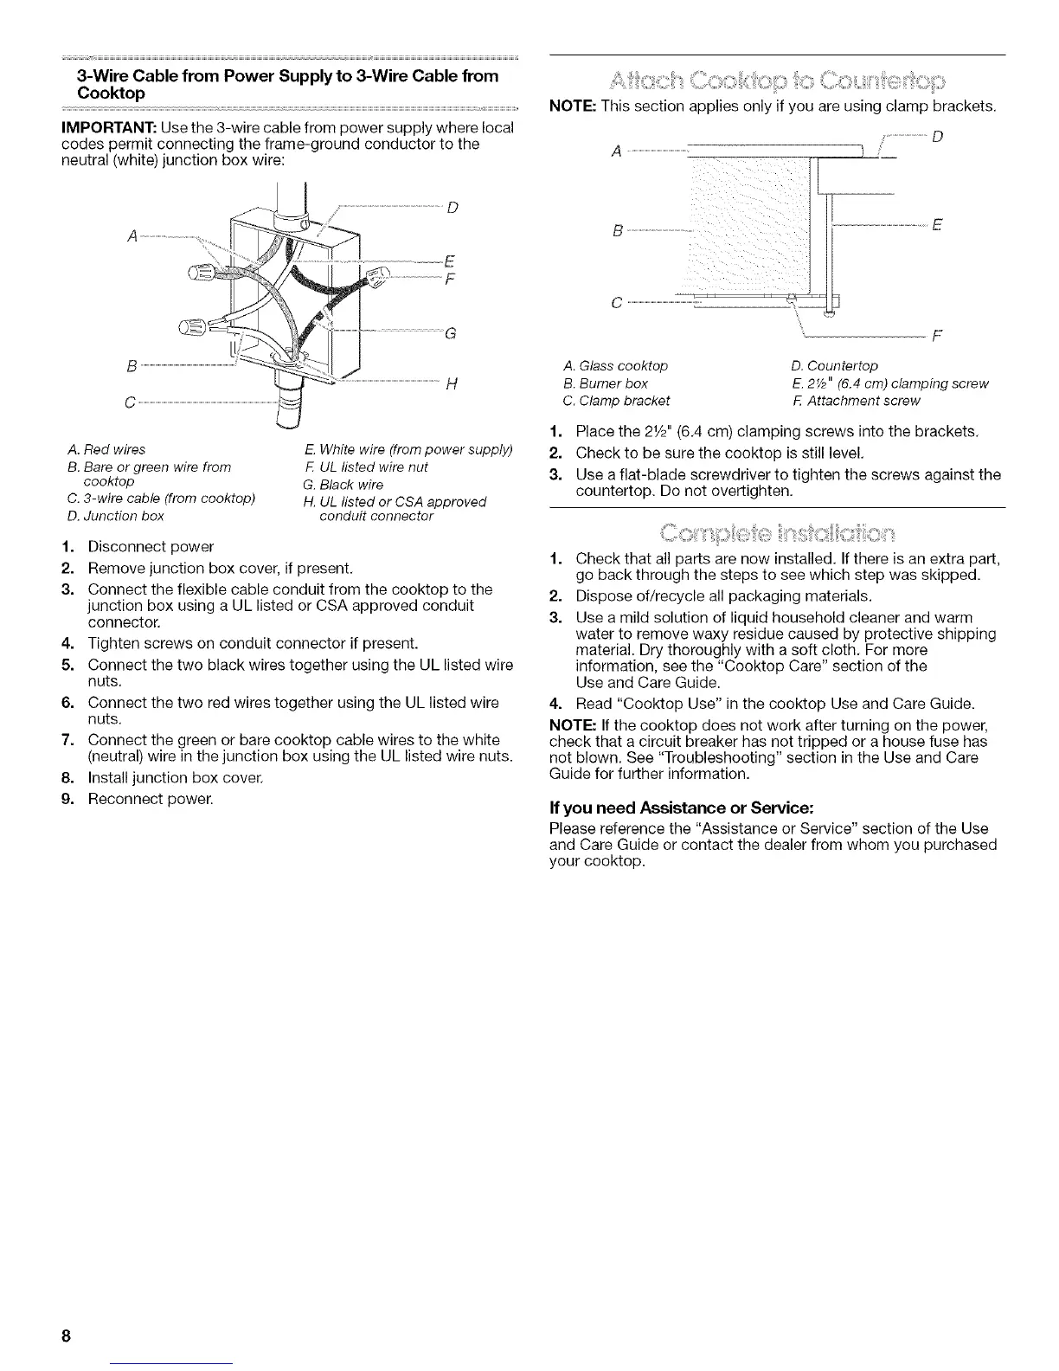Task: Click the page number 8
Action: click(x=66, y=1336)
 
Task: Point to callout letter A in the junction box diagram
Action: click(x=130, y=235)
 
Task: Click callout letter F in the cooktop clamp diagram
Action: click(x=938, y=336)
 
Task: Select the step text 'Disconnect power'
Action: click(x=151, y=547)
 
